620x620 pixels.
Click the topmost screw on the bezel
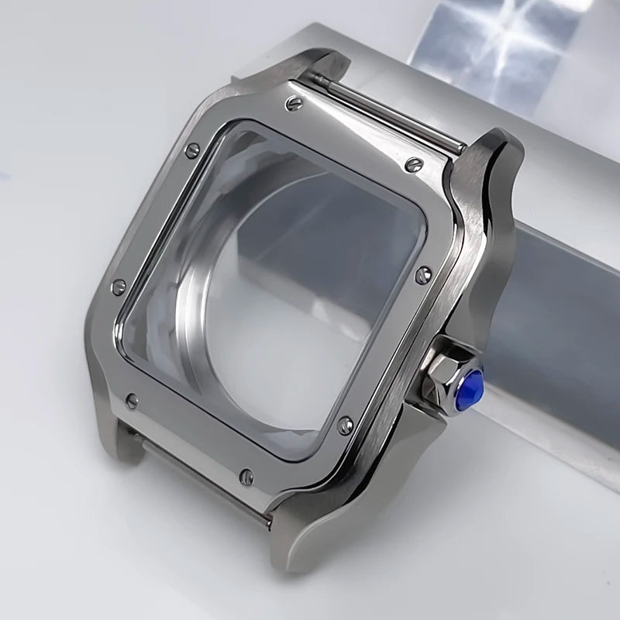[294, 103]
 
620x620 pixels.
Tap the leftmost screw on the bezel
[118, 287]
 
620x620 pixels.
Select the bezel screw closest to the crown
[422, 274]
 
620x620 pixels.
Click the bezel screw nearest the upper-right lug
[414, 164]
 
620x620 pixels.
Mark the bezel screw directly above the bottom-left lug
[133, 401]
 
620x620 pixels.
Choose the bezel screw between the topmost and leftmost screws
[191, 150]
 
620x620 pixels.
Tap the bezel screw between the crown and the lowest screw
[346, 425]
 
